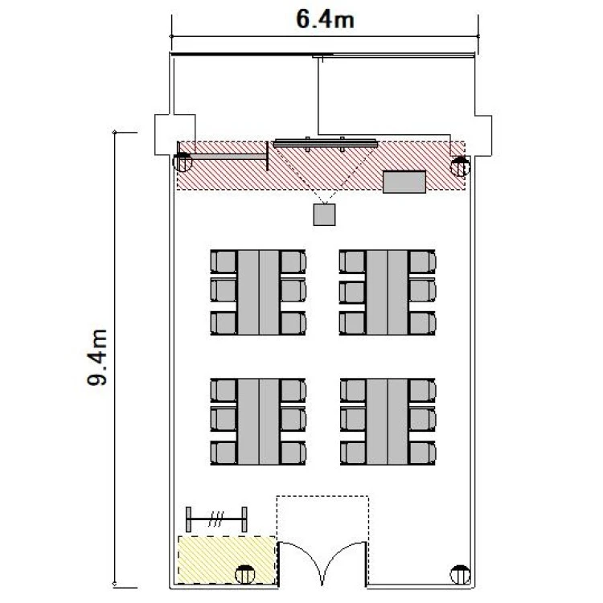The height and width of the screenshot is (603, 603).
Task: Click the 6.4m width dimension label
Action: [x=325, y=19]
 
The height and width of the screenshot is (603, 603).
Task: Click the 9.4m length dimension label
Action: [x=96, y=357]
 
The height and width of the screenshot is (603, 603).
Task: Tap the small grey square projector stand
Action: [x=324, y=215]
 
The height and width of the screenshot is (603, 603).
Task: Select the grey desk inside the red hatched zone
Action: [x=404, y=182]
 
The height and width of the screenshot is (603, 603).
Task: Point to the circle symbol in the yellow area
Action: [x=245, y=575]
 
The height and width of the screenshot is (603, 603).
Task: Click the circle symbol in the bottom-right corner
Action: [x=460, y=575]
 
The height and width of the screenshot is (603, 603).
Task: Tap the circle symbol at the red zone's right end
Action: [x=460, y=166]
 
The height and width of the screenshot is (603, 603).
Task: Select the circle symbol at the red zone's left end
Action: [x=183, y=162]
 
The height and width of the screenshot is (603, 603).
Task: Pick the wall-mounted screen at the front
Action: [x=326, y=144]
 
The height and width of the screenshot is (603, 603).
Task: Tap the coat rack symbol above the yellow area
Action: [x=216, y=519]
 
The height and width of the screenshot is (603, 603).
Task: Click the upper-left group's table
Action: [x=258, y=293]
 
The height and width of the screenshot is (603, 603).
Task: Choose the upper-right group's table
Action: [x=387, y=293]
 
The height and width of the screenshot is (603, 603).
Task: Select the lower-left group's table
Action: [x=258, y=421]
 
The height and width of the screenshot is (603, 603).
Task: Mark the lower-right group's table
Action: [x=387, y=421]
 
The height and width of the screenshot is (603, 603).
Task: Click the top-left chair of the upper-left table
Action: [x=224, y=261]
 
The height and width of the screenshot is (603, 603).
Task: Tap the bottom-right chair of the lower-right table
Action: [x=422, y=453]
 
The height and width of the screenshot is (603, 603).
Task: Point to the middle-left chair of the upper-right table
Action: [x=352, y=292]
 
